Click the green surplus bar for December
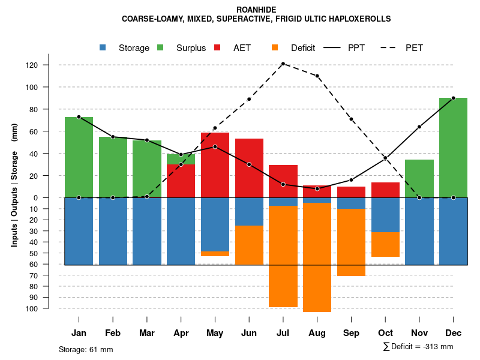coord(453,148)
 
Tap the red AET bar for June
coord(249,168)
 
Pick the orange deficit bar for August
coord(317,257)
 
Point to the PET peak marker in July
coord(283,64)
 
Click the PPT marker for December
coord(453,98)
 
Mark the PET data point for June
coord(249,99)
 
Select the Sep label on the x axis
coord(351,333)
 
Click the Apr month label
coord(181,333)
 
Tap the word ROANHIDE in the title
coord(256,10)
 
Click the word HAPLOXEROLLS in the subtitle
coord(360,19)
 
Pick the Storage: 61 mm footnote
coord(86,349)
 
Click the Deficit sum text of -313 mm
coord(418,347)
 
